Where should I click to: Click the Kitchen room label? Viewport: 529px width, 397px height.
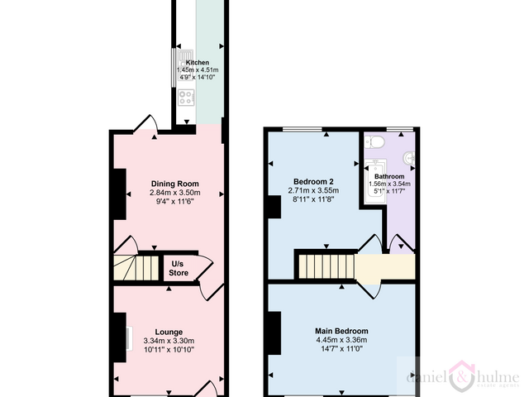(198, 63)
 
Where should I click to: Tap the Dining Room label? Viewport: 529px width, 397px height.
(174, 184)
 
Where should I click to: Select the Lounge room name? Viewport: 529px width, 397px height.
(169, 332)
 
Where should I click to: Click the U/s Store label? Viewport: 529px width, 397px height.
(179, 268)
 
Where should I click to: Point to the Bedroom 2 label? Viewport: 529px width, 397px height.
(313, 182)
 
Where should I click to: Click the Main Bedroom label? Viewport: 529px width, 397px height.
(341, 331)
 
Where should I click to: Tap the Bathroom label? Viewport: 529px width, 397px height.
(389, 176)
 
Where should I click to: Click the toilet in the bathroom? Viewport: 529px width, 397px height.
(374, 141)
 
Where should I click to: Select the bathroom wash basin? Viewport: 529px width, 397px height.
(409, 158)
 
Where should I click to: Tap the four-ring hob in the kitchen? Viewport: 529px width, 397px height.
(187, 97)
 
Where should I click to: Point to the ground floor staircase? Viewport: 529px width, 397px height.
(136, 268)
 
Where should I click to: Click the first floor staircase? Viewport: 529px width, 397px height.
(326, 266)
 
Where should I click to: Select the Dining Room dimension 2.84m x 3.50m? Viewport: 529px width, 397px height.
(174, 193)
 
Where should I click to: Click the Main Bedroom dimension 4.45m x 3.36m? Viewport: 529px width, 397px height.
(341, 340)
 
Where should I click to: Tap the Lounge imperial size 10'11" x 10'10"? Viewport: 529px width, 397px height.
(169, 350)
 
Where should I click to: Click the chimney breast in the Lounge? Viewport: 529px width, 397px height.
(120, 337)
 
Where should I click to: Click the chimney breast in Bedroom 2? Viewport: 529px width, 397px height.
(274, 207)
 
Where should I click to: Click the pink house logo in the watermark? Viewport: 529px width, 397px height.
(461, 376)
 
